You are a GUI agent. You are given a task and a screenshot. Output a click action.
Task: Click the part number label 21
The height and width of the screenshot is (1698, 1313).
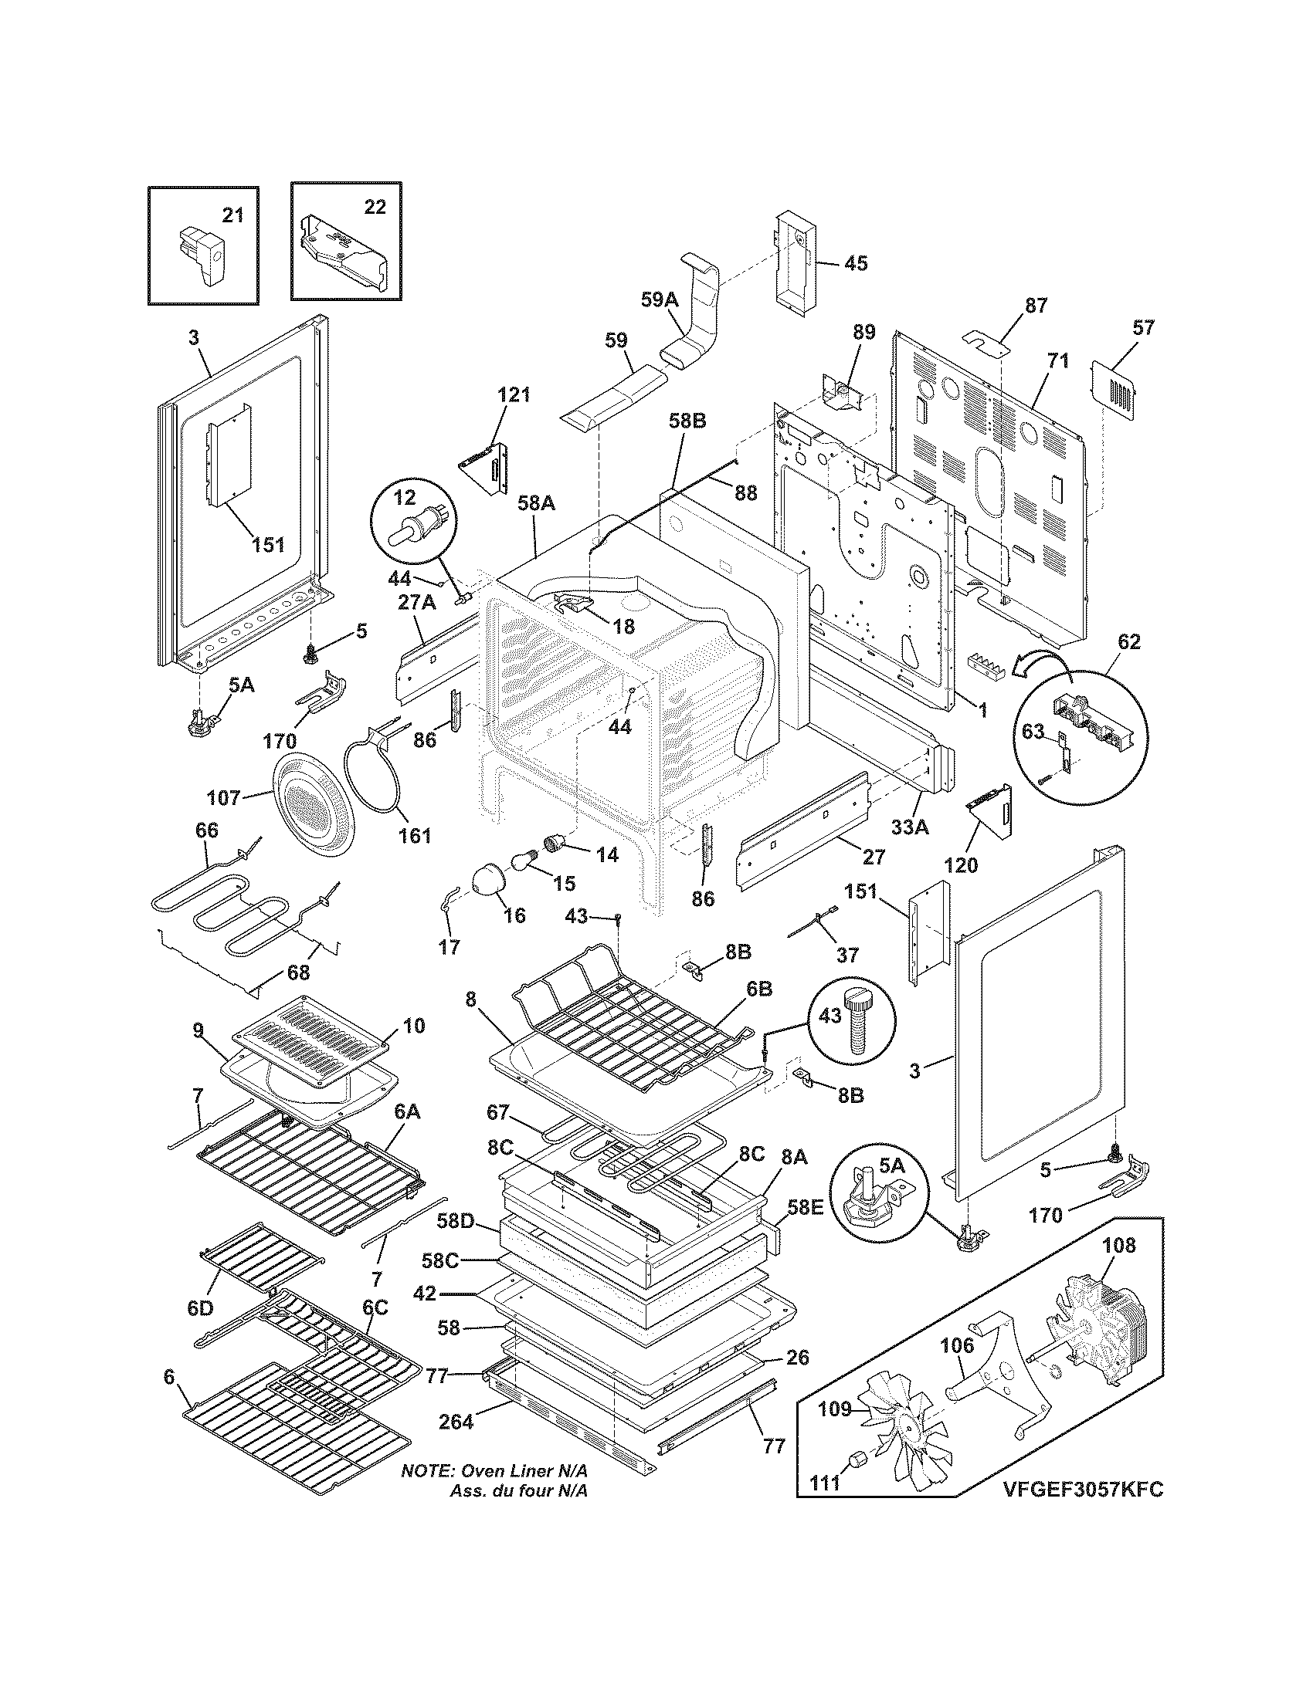[x=232, y=215]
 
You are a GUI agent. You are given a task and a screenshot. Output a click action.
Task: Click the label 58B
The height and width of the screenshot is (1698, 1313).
[x=687, y=422]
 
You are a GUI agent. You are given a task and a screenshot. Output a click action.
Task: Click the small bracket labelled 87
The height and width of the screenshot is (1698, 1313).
[x=986, y=341]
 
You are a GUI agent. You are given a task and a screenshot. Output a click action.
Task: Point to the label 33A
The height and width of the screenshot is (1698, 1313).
[x=909, y=828]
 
